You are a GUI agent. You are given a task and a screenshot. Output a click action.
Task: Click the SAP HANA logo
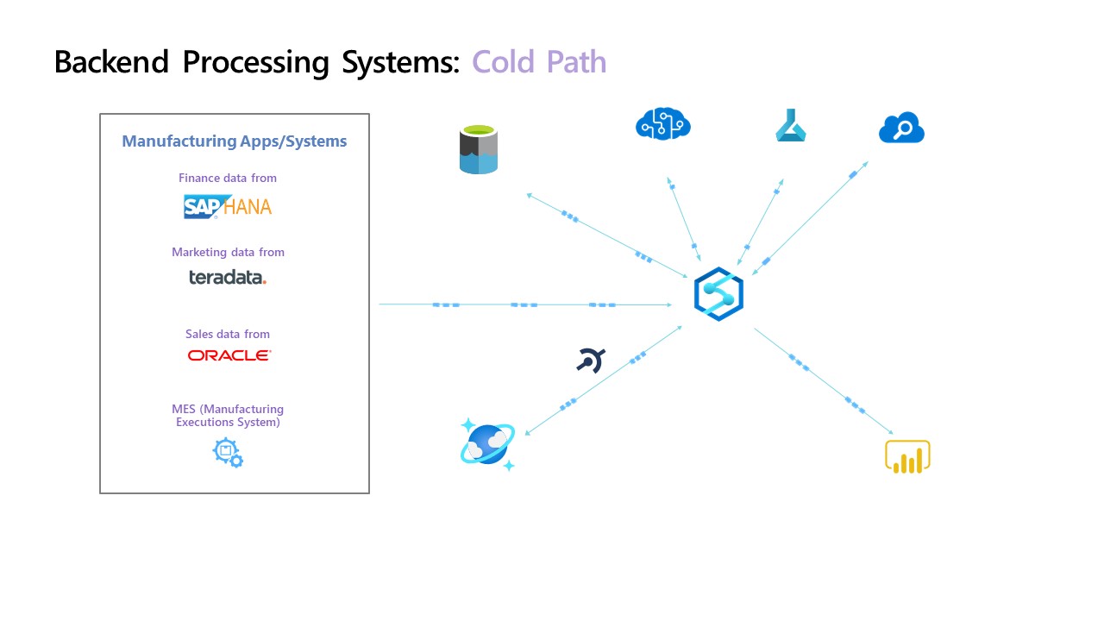[x=228, y=206]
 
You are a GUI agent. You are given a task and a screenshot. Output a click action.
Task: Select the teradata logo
[x=228, y=277]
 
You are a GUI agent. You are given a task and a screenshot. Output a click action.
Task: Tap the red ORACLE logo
[x=229, y=354]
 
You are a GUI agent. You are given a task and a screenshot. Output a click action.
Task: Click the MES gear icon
[x=228, y=452]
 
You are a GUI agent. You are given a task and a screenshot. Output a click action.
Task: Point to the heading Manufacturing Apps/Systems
[x=234, y=141]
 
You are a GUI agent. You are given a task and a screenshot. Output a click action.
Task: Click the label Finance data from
[x=228, y=178]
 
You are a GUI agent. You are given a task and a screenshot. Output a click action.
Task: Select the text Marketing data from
[x=228, y=253]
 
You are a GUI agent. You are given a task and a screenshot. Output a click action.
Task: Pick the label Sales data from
[x=228, y=334]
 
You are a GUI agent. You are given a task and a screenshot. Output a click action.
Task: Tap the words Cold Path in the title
[x=539, y=62]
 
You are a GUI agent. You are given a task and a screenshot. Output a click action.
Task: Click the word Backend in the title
[x=113, y=62]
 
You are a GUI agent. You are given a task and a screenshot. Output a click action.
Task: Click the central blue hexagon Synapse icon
[x=718, y=295]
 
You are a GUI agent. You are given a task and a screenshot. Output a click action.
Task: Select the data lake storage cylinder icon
[x=479, y=149]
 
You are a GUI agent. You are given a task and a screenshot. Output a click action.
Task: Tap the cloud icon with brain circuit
[x=663, y=124]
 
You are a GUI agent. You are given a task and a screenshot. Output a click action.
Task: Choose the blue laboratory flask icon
[x=790, y=127]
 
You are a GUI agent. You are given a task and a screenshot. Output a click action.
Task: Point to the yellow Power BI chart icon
[x=907, y=456]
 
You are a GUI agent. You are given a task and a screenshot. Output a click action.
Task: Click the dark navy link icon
[x=591, y=360]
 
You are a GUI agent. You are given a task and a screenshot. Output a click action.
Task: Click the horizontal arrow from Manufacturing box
[x=524, y=304]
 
